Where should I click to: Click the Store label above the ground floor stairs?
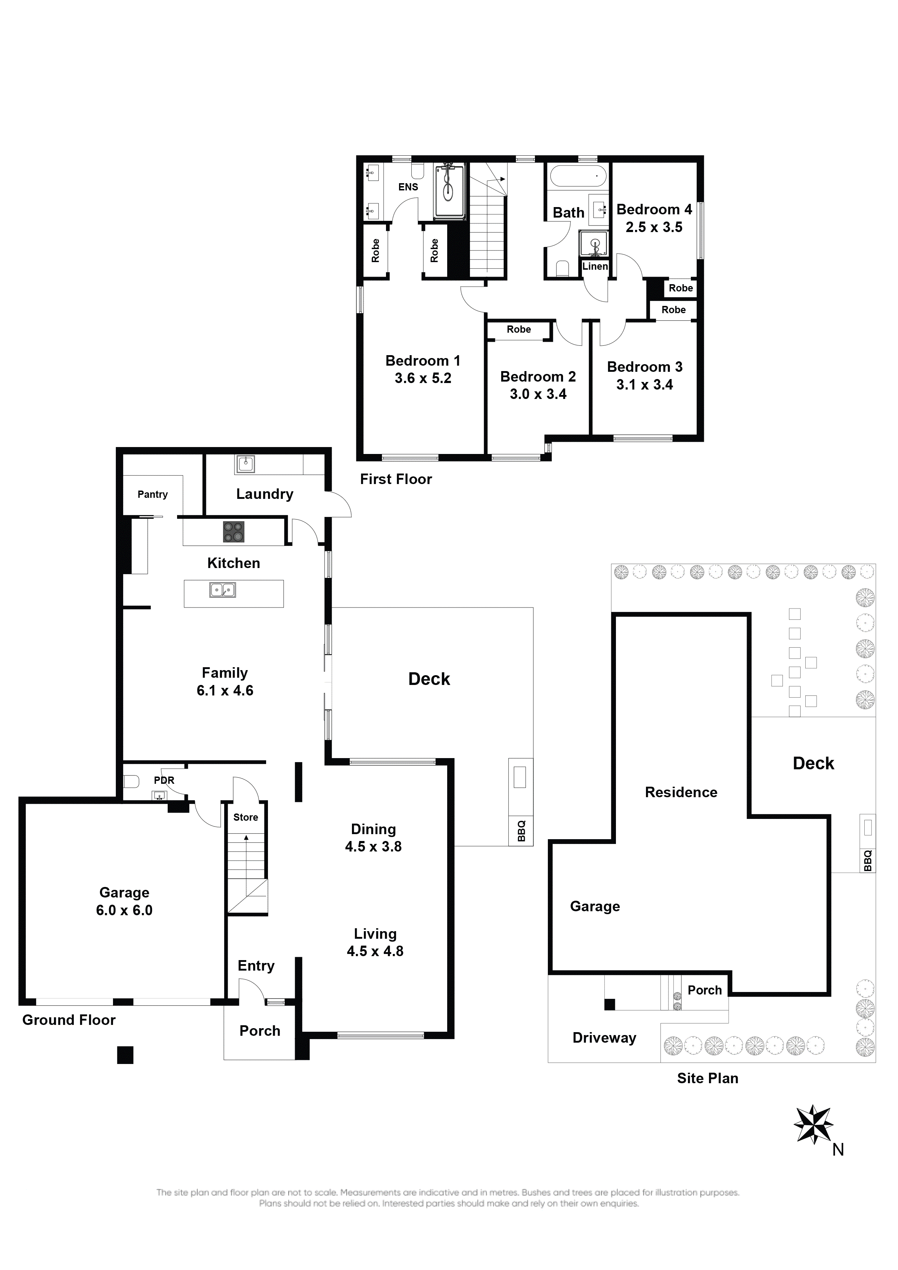(x=246, y=817)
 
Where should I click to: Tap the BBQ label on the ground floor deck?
(x=521, y=831)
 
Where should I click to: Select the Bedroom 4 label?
(x=654, y=210)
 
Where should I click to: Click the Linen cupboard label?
(x=595, y=266)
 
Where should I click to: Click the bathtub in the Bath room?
(x=578, y=176)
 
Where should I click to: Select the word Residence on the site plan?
(x=681, y=792)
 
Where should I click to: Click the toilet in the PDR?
(x=131, y=782)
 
